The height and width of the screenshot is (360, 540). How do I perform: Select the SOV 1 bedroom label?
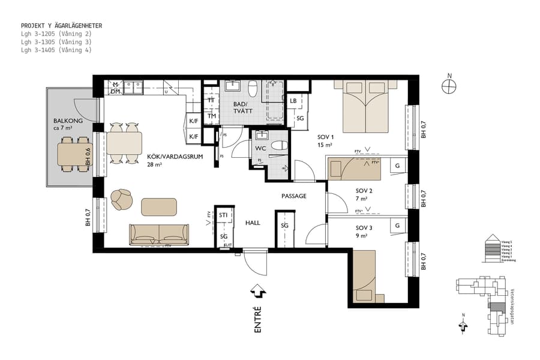(325, 137)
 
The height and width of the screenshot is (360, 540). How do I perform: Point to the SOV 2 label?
(364, 191)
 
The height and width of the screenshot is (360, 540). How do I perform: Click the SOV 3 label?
(364, 228)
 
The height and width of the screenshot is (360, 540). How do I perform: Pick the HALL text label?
(253, 223)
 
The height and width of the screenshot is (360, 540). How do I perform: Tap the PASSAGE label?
(294, 196)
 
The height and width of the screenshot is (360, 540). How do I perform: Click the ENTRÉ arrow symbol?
(259, 291)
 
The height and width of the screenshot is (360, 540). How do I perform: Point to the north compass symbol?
(449, 86)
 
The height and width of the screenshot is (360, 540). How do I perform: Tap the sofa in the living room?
(159, 235)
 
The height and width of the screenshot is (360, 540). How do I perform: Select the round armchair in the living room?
(122, 199)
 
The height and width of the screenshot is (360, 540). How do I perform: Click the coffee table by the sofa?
(159, 207)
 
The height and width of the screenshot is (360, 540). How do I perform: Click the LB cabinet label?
(293, 101)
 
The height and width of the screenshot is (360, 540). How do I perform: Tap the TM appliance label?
(211, 116)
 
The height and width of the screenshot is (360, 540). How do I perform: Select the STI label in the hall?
(223, 215)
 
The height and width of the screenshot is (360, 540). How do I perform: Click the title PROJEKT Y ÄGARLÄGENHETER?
(62, 26)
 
